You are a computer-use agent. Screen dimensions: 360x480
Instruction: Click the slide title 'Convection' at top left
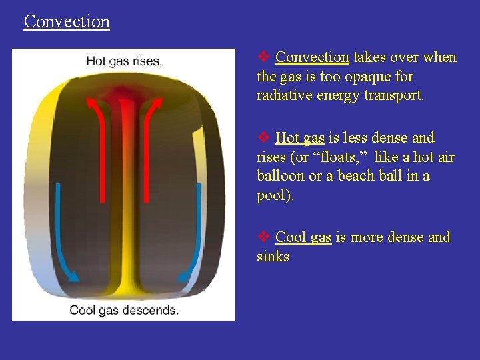67,21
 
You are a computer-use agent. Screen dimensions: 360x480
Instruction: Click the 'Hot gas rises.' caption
124,61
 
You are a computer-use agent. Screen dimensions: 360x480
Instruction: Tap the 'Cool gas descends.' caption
124,310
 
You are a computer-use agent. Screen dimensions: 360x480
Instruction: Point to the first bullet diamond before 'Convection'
263,57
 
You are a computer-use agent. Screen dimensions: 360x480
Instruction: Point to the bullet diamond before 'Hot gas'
263,138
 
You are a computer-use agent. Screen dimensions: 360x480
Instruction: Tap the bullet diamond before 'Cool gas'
263,237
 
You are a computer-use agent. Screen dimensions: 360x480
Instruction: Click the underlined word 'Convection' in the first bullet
312,57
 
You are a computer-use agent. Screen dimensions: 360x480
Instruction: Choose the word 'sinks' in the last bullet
273,257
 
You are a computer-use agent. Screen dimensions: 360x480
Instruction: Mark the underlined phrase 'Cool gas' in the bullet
303,237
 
